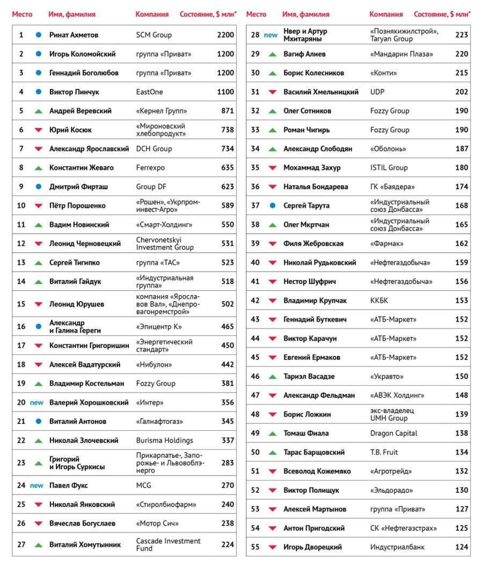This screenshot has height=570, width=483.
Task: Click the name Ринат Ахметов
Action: point(74,35)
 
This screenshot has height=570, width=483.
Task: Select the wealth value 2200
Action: point(225,35)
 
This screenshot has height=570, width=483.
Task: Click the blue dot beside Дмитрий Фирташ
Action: point(38,187)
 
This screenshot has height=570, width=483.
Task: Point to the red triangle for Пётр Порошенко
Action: point(38,206)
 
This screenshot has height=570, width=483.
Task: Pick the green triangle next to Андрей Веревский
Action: point(38,111)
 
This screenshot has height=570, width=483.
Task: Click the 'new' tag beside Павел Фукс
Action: point(36,485)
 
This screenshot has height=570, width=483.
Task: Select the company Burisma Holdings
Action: point(164,440)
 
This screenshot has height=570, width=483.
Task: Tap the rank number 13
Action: point(21,262)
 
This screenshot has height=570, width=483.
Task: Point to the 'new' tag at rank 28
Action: point(270,35)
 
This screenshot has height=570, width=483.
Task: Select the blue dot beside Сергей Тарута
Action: point(272,206)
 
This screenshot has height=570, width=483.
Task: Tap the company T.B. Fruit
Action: point(384,452)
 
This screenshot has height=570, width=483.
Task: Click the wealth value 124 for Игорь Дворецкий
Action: point(462,547)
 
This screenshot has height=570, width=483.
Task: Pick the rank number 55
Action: point(255,547)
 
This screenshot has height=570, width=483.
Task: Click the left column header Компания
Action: point(152,14)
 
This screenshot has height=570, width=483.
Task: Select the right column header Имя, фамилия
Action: point(306,14)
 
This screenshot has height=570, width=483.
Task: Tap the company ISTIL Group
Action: point(389,168)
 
